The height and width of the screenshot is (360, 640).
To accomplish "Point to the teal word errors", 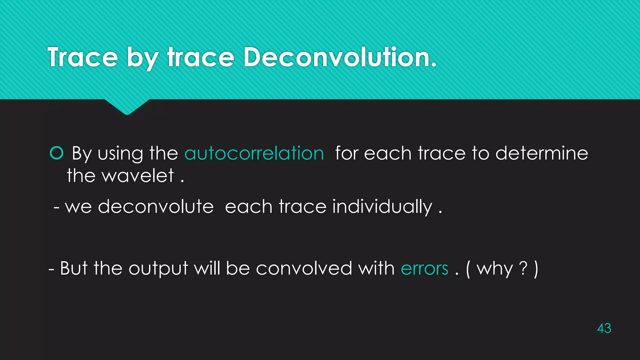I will pyautogui.click(x=424, y=268).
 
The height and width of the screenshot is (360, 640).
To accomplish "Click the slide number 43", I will pyautogui.click(x=604, y=328).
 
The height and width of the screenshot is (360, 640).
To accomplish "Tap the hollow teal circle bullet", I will pyautogui.click(x=57, y=153).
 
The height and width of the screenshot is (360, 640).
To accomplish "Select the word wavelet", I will pyautogui.click(x=138, y=176).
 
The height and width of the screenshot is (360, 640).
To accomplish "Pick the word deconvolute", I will pyautogui.click(x=156, y=207).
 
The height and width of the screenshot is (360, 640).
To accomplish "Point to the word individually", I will pyautogui.click(x=382, y=207).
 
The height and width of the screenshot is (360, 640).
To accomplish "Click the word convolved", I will pyautogui.click(x=304, y=268).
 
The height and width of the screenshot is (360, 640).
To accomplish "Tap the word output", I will pyautogui.click(x=158, y=269).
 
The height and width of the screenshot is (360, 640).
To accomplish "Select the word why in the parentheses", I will pyautogui.click(x=495, y=269).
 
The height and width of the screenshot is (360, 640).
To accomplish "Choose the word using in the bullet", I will pyautogui.click(x=120, y=154).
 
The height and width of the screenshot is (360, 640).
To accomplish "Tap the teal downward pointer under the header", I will pyautogui.click(x=127, y=107).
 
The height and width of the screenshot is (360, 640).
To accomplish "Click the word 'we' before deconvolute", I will pyautogui.click(x=78, y=207).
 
